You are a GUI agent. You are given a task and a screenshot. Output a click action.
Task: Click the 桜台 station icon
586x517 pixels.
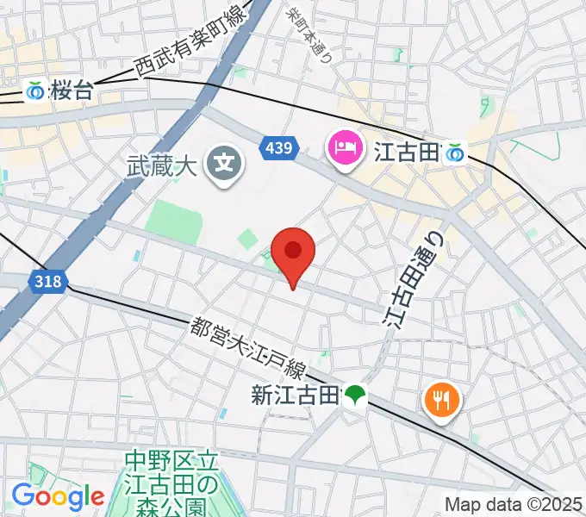pyautogui.click(x=35, y=90)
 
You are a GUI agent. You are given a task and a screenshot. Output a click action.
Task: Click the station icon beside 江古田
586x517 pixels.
pyautogui.click(x=454, y=153)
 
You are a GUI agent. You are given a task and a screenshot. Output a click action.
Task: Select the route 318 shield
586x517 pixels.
pyautogui.click(x=47, y=281)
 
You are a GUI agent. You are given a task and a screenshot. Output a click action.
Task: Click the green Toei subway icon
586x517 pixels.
pyautogui.click(x=353, y=396)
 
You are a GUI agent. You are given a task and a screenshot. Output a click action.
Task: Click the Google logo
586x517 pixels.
pyautogui.click(x=58, y=495)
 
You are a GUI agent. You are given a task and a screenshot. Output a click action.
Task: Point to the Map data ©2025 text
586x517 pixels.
pyautogui.click(x=514, y=504)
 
